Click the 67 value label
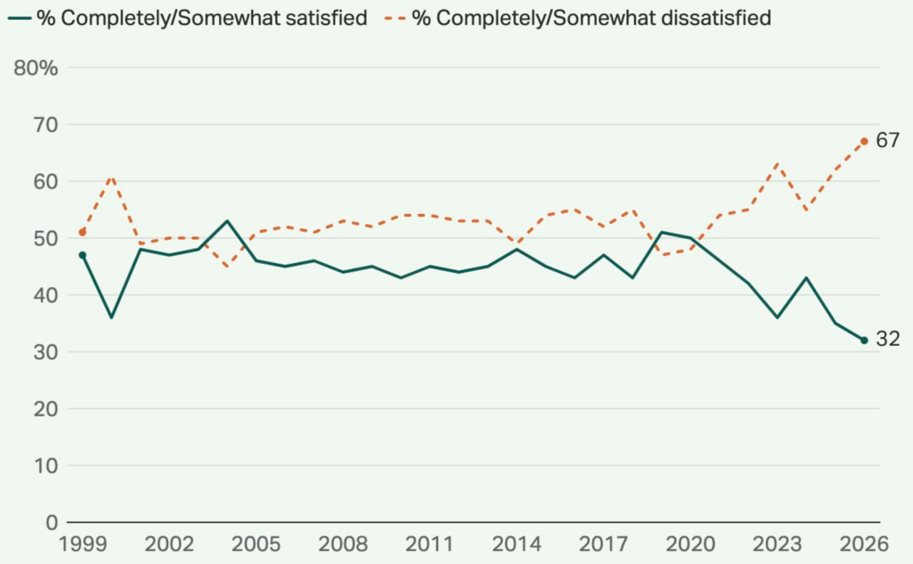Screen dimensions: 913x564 [x=888, y=140]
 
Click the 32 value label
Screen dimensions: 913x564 [x=888, y=339]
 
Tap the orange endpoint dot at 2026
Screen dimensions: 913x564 [x=864, y=141]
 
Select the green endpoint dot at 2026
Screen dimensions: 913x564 [x=864, y=340]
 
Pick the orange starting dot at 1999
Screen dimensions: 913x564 [x=82, y=232]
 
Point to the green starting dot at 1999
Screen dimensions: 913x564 [x=82, y=255]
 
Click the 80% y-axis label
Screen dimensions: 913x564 [x=36, y=68]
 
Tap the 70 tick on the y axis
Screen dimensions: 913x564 [x=46, y=125]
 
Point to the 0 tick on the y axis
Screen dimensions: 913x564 [x=52, y=523]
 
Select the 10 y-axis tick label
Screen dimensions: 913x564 [x=46, y=466]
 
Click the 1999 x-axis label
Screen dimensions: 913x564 [x=83, y=544]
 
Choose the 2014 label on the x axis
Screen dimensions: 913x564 [x=516, y=544]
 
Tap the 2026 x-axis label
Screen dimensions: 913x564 [x=864, y=544]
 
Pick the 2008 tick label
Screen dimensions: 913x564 [x=343, y=544]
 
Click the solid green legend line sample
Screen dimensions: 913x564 [x=19, y=19]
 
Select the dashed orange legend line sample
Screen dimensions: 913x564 [x=395, y=19]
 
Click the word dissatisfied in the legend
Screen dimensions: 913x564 [x=716, y=18]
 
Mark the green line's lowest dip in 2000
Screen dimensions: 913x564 [x=111, y=317]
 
